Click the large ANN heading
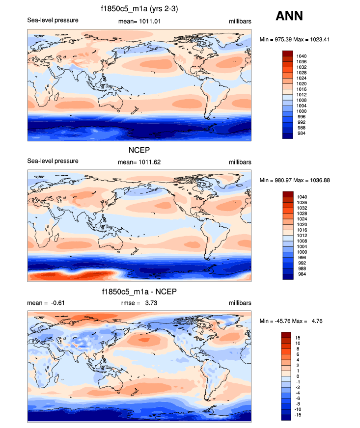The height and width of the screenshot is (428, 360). point(289,16)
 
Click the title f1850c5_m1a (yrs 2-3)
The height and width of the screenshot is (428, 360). point(138,9)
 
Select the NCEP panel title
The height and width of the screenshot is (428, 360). point(138,150)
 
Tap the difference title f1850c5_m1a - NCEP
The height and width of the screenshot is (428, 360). point(138,292)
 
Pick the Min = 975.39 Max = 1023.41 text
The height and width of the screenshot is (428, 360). point(303,39)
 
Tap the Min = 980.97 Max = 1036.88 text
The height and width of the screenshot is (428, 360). point(303,180)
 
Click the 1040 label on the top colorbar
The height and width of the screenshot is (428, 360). point(302,56)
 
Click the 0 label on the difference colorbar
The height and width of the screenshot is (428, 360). point(298,376)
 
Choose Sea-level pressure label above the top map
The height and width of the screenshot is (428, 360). point(53,21)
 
